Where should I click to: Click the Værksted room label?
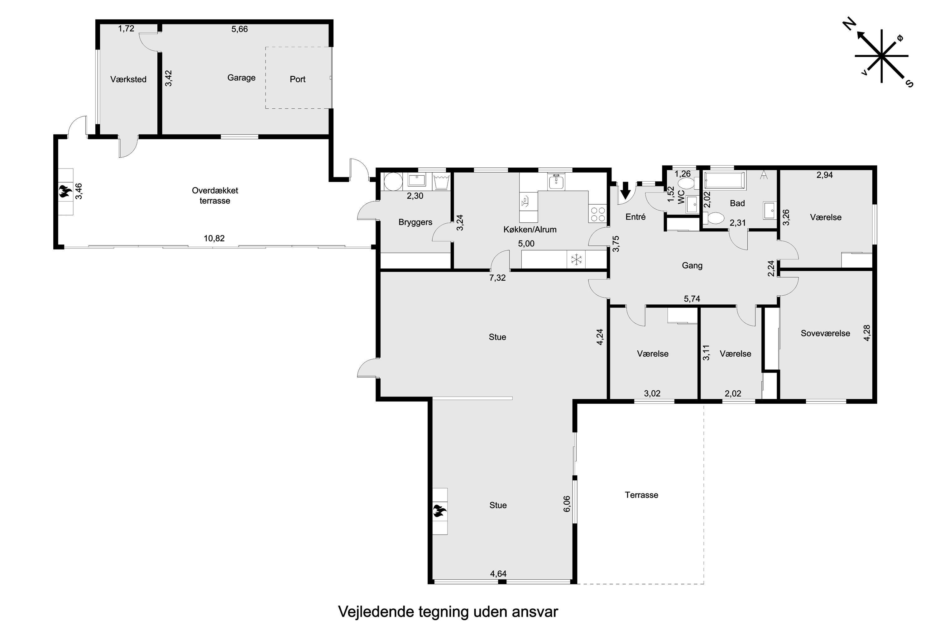128,79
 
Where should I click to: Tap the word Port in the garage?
297,79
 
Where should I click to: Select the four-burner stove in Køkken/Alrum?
597,215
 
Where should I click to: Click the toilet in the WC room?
685,183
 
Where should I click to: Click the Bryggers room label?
415,222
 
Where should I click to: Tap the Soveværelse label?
825,333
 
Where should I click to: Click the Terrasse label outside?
641,495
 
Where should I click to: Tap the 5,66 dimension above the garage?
239,29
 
